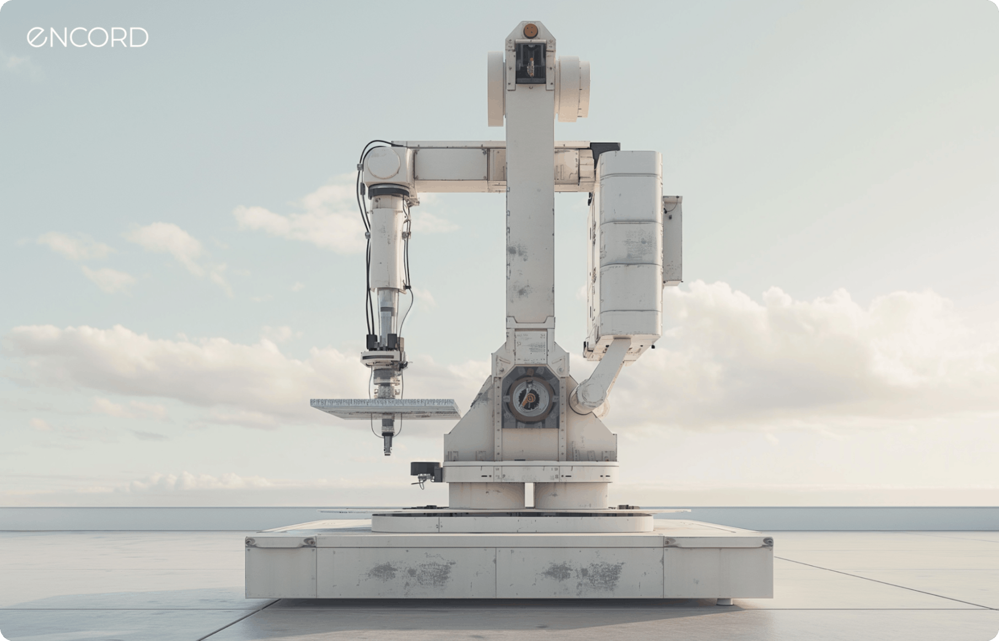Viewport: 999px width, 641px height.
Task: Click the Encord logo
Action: pyautogui.click(x=88, y=37)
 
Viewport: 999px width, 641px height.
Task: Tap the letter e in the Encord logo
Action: pyautogui.click(x=36, y=37)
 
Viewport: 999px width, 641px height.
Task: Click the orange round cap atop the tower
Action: pyautogui.click(x=530, y=30)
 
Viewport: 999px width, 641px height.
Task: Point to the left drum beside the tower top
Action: pyautogui.click(x=496, y=88)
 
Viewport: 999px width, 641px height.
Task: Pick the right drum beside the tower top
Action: pyautogui.click(x=573, y=88)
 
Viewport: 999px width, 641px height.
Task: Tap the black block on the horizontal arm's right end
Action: pyautogui.click(x=605, y=148)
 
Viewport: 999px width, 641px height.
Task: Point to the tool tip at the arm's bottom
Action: pyautogui.click(x=388, y=446)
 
